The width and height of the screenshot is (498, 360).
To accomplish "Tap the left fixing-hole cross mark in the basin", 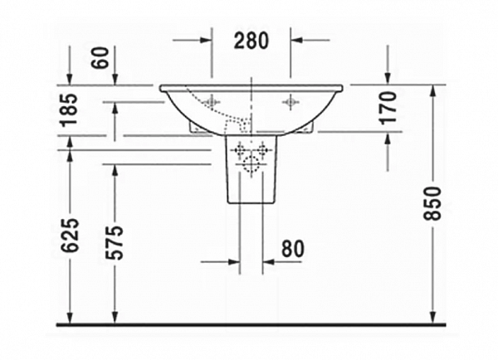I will (x=211, y=102).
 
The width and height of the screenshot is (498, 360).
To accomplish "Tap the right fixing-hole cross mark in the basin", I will (x=290, y=102).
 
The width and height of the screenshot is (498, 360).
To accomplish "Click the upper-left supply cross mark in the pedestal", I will (x=242, y=150).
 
